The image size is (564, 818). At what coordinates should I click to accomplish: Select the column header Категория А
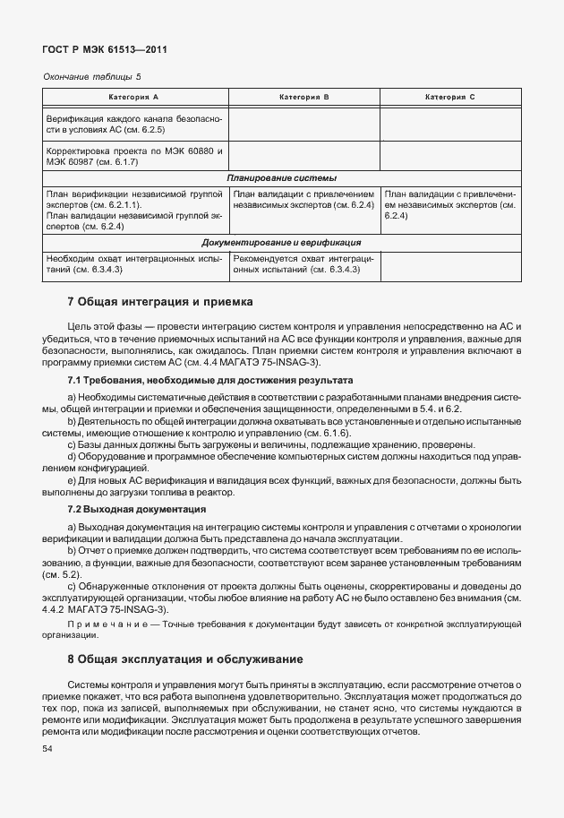click(134, 96)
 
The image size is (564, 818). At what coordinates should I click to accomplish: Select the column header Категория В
click(304, 96)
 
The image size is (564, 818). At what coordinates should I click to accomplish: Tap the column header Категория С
click(450, 96)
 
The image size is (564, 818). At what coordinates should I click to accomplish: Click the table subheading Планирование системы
click(281, 177)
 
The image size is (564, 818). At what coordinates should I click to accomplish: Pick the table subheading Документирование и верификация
click(281, 242)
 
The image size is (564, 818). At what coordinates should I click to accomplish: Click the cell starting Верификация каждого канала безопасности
click(134, 124)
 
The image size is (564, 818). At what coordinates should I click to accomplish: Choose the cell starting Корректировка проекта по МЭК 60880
click(134, 156)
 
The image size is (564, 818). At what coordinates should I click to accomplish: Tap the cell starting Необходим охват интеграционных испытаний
click(134, 263)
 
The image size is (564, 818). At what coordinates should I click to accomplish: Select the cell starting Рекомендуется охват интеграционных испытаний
click(304, 263)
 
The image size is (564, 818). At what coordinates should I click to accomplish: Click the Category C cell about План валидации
click(450, 204)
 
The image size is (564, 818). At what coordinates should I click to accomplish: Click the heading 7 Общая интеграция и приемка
click(161, 302)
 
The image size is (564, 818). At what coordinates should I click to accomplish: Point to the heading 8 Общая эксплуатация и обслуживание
click(185, 659)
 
